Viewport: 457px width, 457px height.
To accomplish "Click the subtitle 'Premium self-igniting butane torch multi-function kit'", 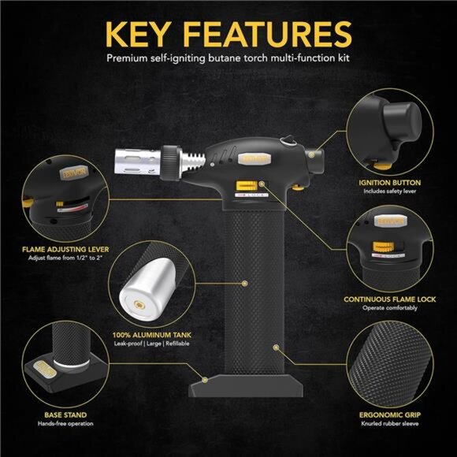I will click(x=228, y=59).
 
